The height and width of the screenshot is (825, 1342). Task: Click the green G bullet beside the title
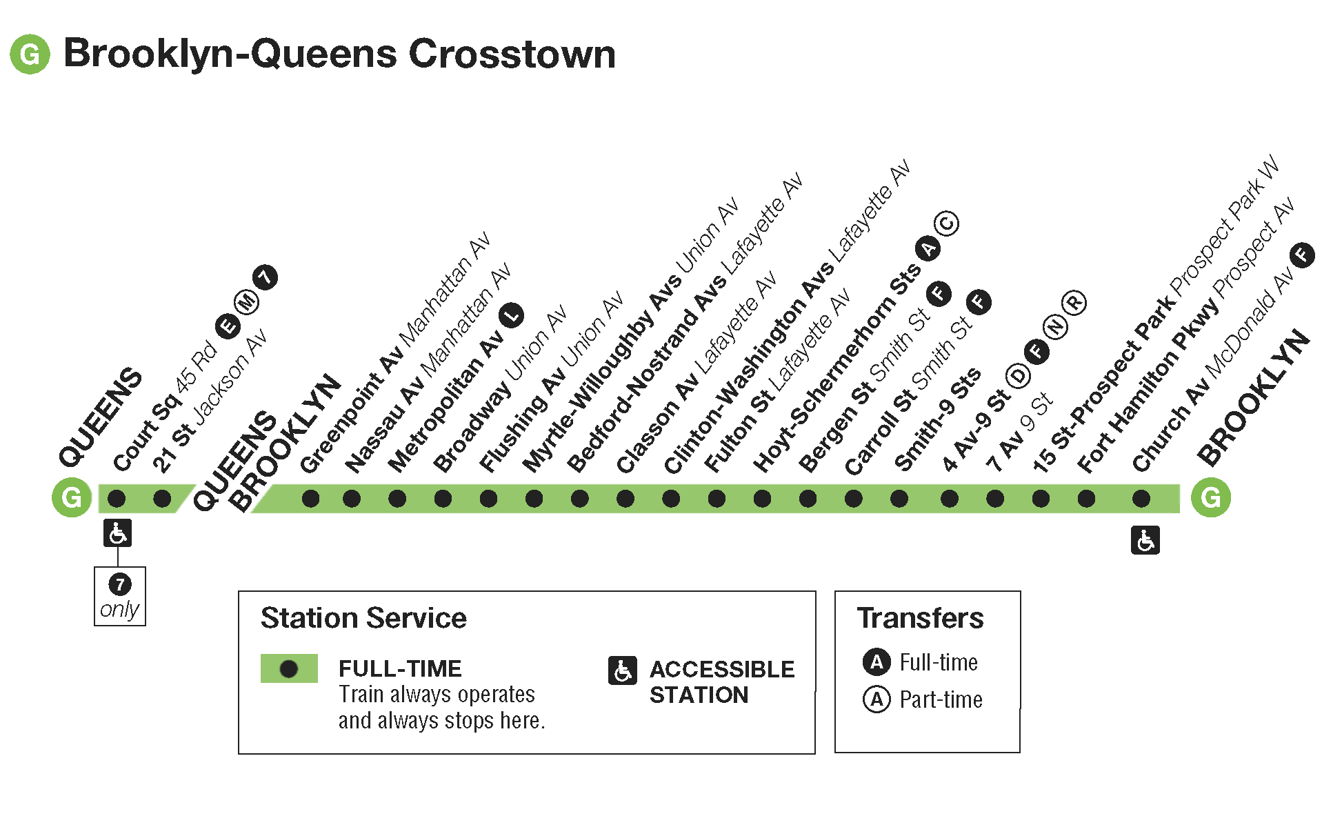click(30, 54)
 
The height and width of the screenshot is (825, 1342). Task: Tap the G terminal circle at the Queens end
click(72, 497)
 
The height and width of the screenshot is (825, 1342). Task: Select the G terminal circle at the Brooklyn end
click(1211, 497)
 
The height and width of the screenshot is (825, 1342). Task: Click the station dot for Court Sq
click(117, 498)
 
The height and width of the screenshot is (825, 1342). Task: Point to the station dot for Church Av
click(1141, 498)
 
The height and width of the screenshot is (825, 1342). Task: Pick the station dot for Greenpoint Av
click(310, 498)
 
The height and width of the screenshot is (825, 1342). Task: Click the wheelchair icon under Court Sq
click(117, 533)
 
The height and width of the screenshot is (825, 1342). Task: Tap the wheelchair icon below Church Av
click(1145, 540)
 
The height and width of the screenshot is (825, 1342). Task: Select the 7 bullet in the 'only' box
click(120, 584)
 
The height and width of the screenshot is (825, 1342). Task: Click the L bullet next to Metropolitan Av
click(512, 315)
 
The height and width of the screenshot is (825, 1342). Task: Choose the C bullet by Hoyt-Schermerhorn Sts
click(946, 223)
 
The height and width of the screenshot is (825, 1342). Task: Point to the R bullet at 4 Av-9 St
click(1074, 302)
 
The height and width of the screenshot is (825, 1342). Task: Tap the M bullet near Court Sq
click(246, 301)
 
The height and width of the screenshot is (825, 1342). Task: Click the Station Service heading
click(363, 618)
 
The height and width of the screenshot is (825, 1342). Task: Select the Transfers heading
click(920, 618)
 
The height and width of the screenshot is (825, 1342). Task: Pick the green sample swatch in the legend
click(289, 668)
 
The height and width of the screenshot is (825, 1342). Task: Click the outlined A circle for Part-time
click(877, 699)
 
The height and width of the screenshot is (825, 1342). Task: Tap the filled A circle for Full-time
click(877, 662)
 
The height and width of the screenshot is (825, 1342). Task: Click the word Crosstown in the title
click(512, 54)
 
